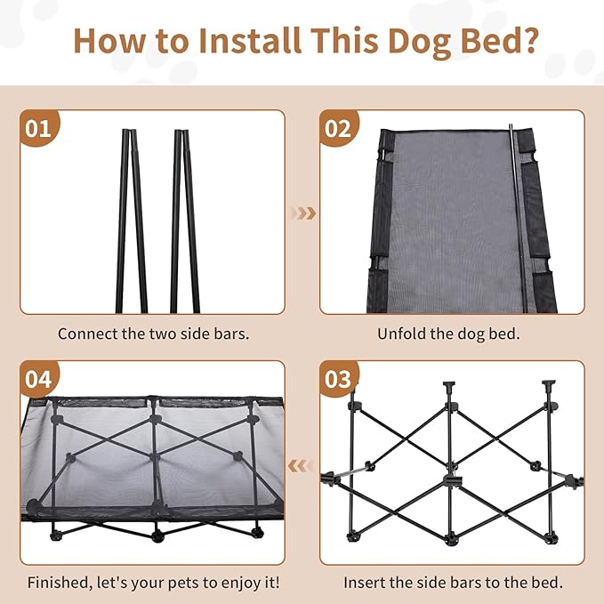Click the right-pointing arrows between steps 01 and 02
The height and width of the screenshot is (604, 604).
304,213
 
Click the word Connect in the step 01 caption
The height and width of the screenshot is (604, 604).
87,334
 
